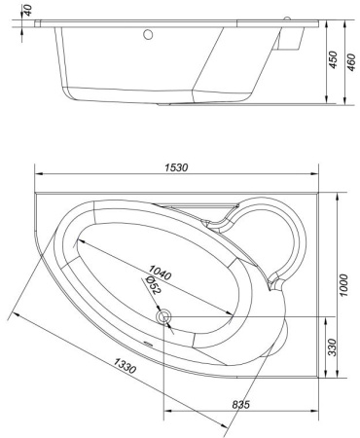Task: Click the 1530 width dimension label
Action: (x=178, y=168)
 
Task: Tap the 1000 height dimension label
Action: (x=343, y=281)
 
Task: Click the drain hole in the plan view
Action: (x=163, y=316)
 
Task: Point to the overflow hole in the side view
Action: (x=150, y=36)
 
